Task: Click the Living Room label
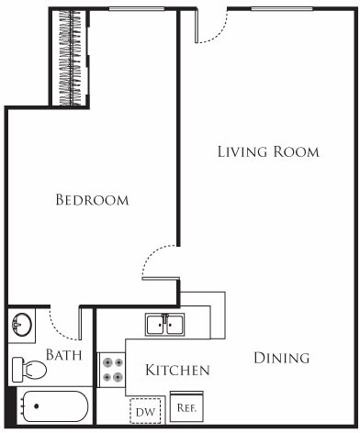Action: (x=268, y=151)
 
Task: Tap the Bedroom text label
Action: (x=92, y=199)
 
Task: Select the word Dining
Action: (x=281, y=358)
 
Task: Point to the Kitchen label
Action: (x=178, y=371)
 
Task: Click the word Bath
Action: (x=64, y=355)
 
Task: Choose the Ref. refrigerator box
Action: (x=186, y=405)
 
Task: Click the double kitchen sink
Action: (x=164, y=324)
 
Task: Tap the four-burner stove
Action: (x=113, y=369)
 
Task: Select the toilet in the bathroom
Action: (x=29, y=370)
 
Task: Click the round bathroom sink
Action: (x=21, y=324)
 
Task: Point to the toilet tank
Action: (x=16, y=370)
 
